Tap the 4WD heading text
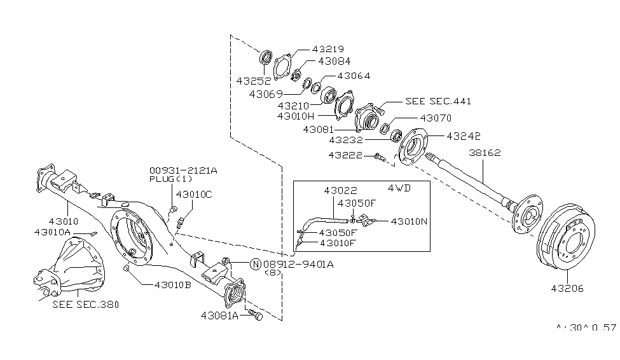[400, 189]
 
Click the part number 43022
[340, 190]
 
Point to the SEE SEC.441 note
[438, 101]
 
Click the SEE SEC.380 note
[86, 304]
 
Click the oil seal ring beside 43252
[266, 57]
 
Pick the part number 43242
[464, 136]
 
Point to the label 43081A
[220, 315]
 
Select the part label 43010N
[410, 221]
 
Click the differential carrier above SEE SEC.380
[73, 264]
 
